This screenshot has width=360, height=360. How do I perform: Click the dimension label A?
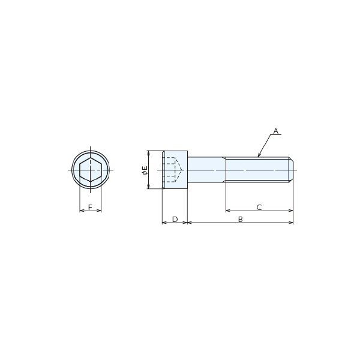click(x=276, y=131)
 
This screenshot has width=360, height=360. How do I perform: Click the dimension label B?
click(x=241, y=219)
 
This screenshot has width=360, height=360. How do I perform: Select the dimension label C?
click(x=259, y=208)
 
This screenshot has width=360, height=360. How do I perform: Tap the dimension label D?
click(x=175, y=219)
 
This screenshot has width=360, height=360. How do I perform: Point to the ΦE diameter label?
click(x=145, y=170)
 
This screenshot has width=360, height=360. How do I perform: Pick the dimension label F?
click(x=90, y=208)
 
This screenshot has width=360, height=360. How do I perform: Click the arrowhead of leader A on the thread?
click(x=259, y=155)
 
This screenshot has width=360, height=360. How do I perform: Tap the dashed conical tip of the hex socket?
click(x=179, y=170)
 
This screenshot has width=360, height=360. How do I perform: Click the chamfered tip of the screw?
click(x=291, y=170)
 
